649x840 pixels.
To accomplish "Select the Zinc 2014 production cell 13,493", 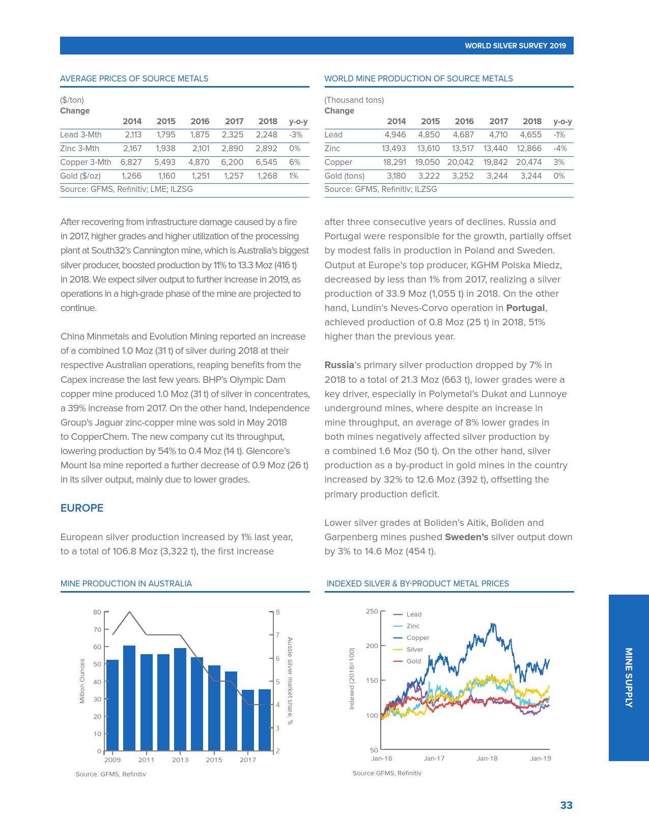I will (x=394, y=149).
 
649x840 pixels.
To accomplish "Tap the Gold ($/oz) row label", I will (x=80, y=176).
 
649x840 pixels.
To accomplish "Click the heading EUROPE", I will (x=82, y=508).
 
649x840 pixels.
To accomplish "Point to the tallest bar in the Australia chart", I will (x=129, y=697).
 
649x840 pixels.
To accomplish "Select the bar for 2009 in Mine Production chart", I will (x=112, y=705).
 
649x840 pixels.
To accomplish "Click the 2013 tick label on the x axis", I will (x=180, y=760).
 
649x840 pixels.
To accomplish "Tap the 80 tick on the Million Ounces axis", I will (x=97, y=612).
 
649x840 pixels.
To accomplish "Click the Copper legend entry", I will (x=418, y=638).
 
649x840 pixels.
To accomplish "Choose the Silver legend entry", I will (x=415, y=650).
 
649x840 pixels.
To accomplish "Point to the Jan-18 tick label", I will (x=487, y=759).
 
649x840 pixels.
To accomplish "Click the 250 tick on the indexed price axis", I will (x=372, y=611).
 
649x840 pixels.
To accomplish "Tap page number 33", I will (x=566, y=805).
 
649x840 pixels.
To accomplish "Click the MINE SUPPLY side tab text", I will (x=629, y=678).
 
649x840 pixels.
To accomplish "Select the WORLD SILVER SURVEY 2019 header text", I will (x=515, y=46).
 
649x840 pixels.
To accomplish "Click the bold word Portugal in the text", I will (x=526, y=308).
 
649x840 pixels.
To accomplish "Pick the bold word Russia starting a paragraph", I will (x=339, y=365).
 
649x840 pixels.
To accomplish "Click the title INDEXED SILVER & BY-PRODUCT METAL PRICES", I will (x=417, y=584).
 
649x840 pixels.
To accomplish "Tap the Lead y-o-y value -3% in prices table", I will (x=296, y=135).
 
